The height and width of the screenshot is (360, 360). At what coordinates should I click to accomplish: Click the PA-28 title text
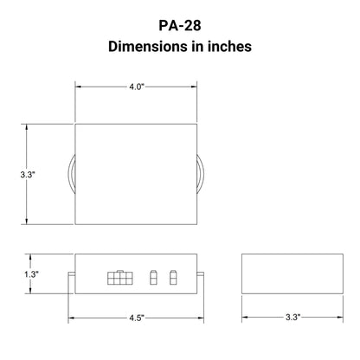point(180,25)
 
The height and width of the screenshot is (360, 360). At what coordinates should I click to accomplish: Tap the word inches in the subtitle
point(229,47)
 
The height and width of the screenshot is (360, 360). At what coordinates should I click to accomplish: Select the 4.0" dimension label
point(137,87)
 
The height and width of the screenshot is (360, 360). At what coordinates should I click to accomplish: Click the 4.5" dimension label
point(137,318)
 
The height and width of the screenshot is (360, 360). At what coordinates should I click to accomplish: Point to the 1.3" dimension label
point(31,274)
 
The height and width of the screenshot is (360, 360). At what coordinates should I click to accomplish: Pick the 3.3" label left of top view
point(28,174)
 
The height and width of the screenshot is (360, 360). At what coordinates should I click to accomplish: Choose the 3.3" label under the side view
point(292,317)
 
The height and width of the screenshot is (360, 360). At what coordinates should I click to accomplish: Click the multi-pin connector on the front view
point(120,278)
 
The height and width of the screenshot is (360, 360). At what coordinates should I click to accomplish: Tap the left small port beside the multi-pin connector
point(153,277)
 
